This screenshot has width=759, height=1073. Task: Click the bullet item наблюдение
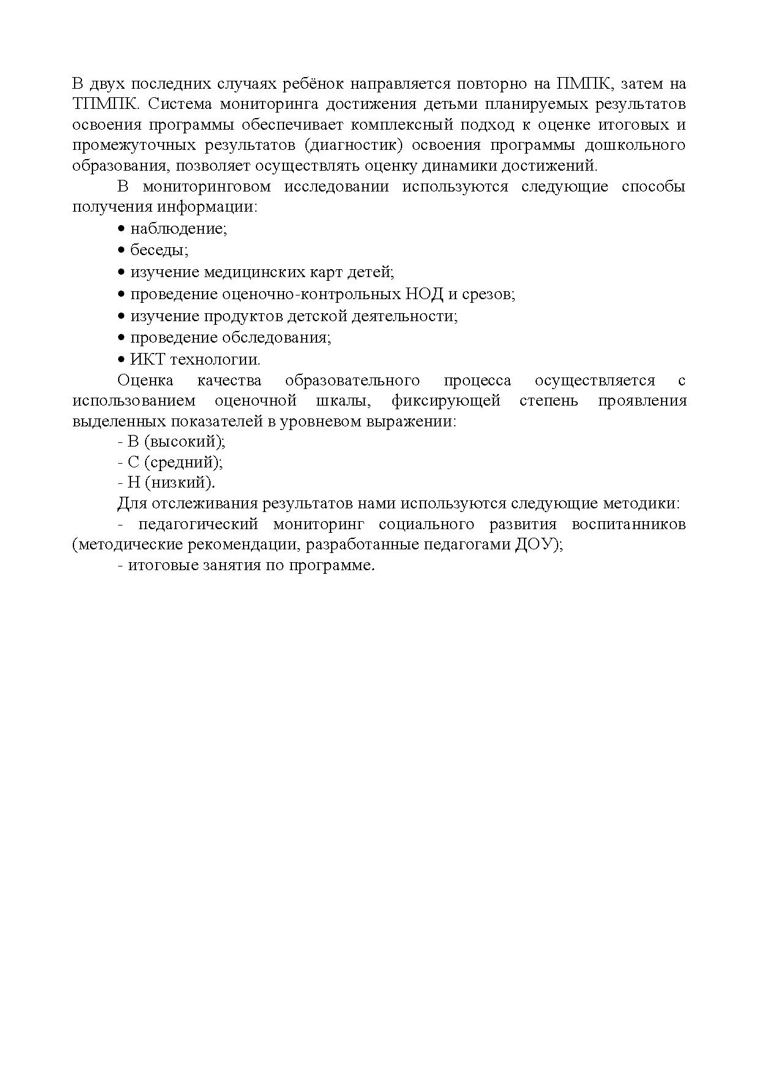(x=178, y=229)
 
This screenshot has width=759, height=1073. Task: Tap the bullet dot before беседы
(x=121, y=250)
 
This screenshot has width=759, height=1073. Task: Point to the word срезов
(x=490, y=294)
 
